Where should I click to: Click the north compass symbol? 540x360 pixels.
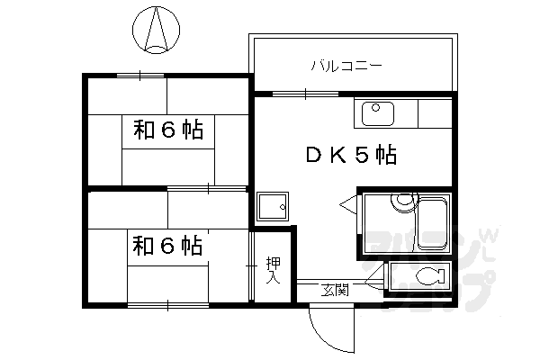(x=156, y=26)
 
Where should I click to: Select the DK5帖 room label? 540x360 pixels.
(x=351, y=156)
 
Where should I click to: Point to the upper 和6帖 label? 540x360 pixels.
(x=167, y=130)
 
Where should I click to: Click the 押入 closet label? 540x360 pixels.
(x=272, y=270)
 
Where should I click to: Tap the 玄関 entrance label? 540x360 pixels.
(x=335, y=291)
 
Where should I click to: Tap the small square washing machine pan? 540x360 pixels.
(x=271, y=208)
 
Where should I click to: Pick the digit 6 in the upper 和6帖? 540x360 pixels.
(x=167, y=130)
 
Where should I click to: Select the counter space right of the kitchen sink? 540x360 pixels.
(x=431, y=113)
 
